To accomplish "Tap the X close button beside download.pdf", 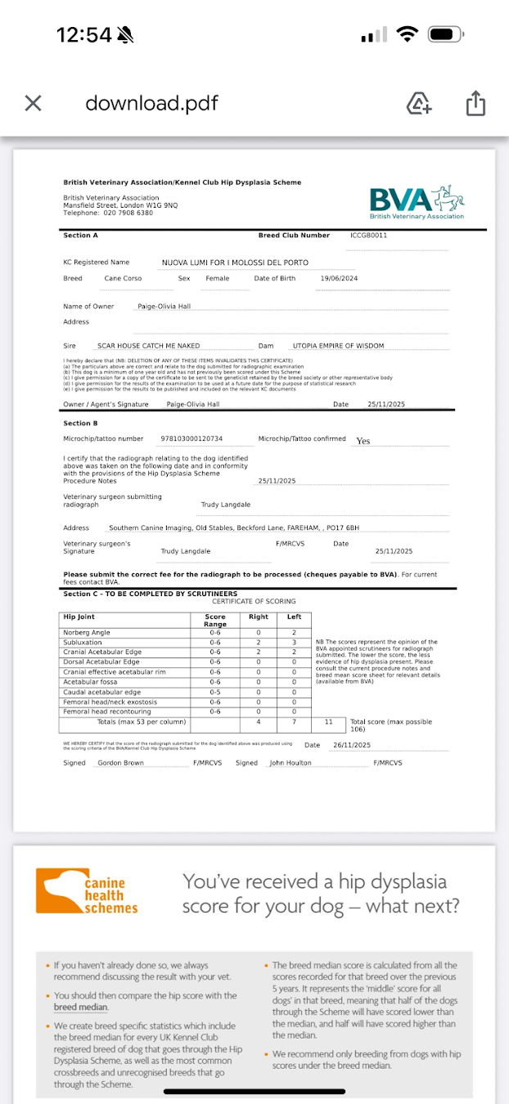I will coord(33,103).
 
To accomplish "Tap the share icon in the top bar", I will coord(476,103).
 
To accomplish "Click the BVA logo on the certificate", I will coord(417,203).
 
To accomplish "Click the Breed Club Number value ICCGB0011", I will coord(368,236).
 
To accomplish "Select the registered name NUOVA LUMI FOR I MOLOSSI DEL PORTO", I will coord(235,263).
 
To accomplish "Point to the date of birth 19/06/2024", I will coord(339,279).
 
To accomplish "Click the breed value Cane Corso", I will coord(123,279).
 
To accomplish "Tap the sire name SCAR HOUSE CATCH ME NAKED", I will coord(148,346).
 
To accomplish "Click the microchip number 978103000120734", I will coord(191,439).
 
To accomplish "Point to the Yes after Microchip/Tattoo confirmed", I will coord(363,441).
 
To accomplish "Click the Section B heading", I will coord(80,424).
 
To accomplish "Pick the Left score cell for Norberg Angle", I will coord(294,632).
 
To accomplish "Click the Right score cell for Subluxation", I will coord(258,642).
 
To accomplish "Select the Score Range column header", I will coord(215,620).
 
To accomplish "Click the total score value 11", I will coord(328,722).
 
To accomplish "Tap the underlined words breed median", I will coord(81,1007).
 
